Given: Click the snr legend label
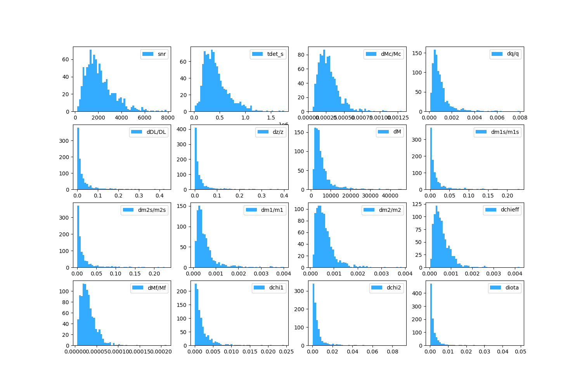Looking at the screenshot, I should point(162,54).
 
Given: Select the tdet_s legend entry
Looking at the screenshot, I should point(275,54).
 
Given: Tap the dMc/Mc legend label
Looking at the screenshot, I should point(391,54).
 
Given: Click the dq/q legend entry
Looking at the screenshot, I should point(513,54).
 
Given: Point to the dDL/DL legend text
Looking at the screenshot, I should point(156,132).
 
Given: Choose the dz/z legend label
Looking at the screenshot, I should point(278,132).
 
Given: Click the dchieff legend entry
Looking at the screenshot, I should point(510,210).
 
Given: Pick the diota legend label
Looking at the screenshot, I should point(512,288).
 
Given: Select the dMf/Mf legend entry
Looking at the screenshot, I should point(156,288).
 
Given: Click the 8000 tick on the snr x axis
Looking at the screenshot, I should point(167,118).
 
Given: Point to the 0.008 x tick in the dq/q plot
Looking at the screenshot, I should point(520,118).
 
